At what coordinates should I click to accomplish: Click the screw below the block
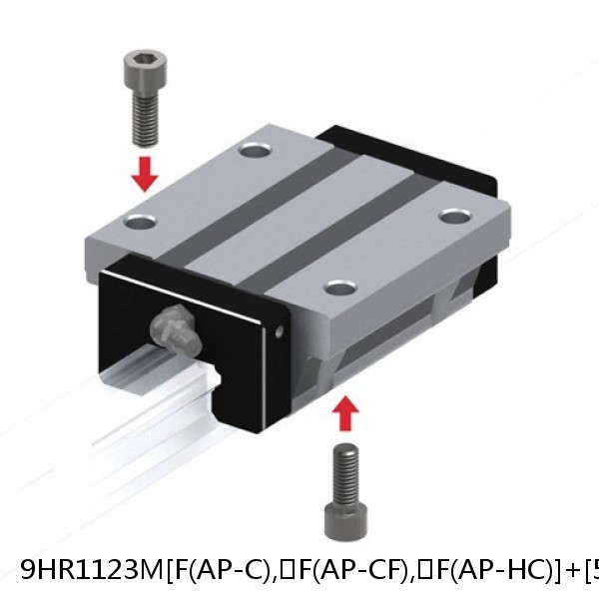click(x=346, y=490)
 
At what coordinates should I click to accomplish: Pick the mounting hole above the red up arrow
click(x=341, y=288)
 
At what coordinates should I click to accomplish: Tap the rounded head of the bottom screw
click(x=346, y=519)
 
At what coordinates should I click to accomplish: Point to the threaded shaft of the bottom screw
click(x=346, y=469)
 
